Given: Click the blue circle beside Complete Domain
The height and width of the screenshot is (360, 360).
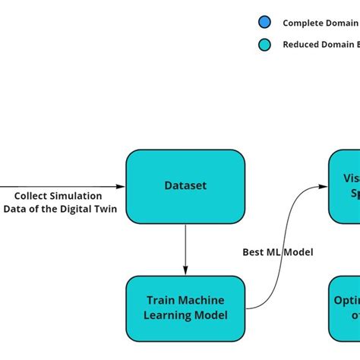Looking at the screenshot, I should pos(264,23).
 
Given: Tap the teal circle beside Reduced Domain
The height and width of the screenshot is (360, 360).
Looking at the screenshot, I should pos(264,45).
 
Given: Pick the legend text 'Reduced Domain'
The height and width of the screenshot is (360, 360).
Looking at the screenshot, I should pos(319,45).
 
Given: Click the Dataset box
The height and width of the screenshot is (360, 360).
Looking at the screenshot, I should pos(185,185).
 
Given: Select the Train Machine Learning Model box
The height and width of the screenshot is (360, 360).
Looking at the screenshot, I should pos(185,308).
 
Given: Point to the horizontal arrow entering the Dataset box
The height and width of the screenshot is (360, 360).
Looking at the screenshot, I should pos(61,186).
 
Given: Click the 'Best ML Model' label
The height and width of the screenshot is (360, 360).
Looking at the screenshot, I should pos(277,252).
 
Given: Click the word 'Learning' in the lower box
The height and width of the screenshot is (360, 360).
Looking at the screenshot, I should pos(172,315).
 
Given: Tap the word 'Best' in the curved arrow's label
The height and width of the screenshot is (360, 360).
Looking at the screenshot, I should pos(253,252).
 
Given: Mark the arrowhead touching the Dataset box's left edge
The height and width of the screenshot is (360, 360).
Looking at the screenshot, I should pos(121,186).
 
